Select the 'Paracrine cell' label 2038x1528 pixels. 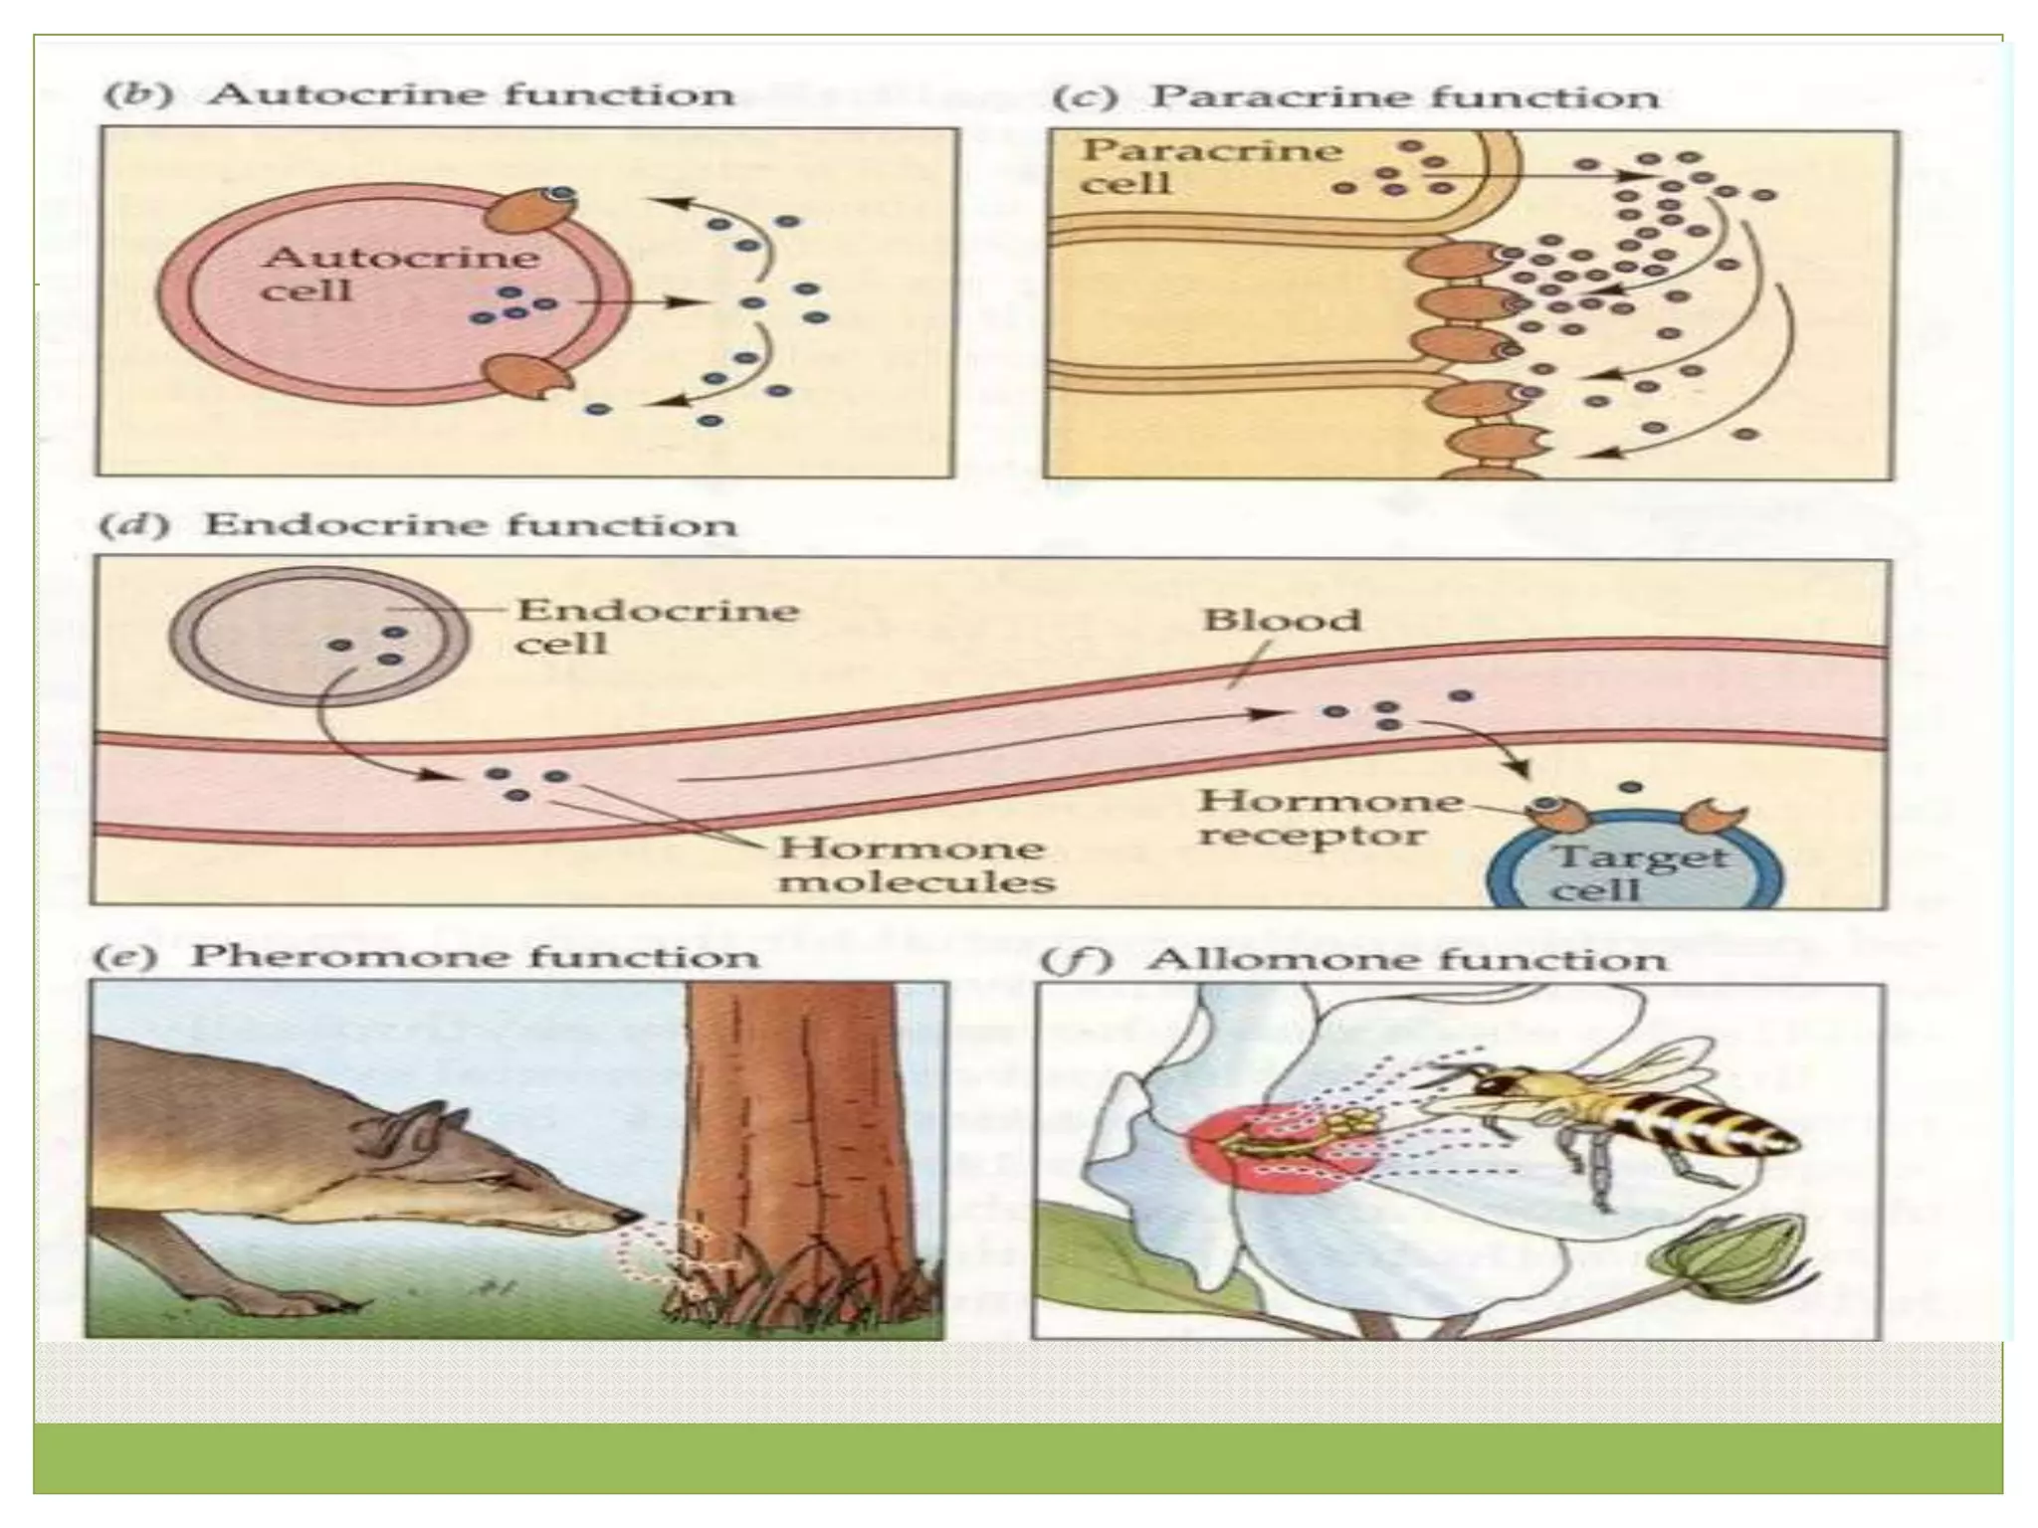pyautogui.click(x=1209, y=166)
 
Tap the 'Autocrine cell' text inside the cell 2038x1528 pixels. pyautogui.click(x=398, y=274)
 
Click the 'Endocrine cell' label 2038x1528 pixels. pyautogui.click(x=656, y=626)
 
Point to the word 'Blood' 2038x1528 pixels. pyautogui.click(x=1281, y=621)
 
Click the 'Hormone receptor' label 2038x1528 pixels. pyautogui.click(x=1328, y=817)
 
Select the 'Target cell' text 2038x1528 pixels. pyautogui.click(x=1638, y=871)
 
